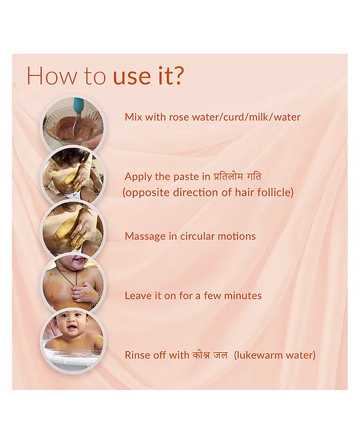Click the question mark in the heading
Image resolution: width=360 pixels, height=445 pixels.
pos(178,75)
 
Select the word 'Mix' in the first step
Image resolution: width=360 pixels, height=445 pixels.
pos(133,117)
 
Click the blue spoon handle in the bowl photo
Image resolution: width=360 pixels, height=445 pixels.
pos(78,105)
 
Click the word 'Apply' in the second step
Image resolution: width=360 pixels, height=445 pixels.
pos(138,177)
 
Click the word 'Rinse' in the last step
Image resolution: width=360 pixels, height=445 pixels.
pos(137,355)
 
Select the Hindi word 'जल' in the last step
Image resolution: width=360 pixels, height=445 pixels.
pos(220,355)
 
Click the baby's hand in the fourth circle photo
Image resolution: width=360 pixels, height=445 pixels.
pos(82,292)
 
